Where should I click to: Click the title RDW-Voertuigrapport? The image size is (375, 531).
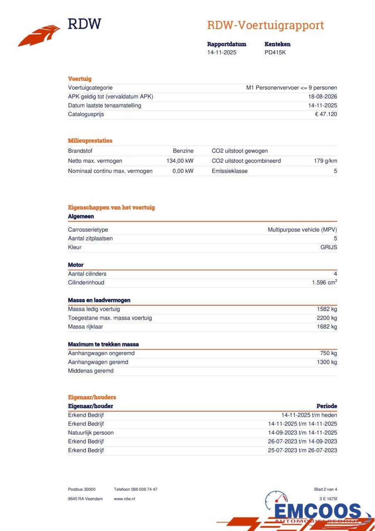[265, 25]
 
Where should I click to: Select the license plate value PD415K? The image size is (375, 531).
[275, 52]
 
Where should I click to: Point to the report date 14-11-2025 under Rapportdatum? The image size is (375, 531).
[222, 52]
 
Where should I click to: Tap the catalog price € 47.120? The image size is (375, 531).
[326, 114]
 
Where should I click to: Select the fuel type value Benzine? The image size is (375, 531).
[183, 151]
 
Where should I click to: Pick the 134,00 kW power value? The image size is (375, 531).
[180, 161]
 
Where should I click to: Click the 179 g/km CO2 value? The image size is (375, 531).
[325, 161]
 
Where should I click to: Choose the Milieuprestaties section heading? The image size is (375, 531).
[90, 141]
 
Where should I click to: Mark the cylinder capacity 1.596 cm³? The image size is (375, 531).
[324, 283]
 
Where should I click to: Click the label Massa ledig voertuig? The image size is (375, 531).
[94, 309]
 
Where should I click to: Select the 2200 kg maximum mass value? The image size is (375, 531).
[327, 318]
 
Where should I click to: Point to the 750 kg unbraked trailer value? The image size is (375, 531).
[328, 353]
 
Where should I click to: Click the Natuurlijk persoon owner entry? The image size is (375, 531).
[91, 433]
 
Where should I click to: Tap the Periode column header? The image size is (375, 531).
[326, 406]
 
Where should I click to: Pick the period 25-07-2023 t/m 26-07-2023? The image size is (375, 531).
[302, 450]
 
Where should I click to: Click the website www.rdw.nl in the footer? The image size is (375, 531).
[124, 499]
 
